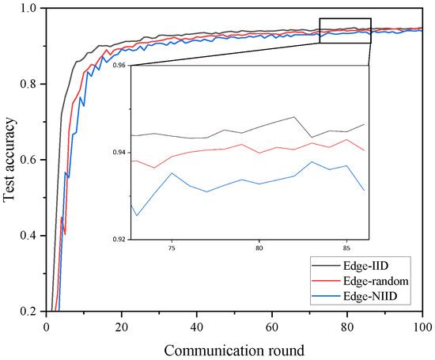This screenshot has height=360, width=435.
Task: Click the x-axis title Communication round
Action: [x=235, y=349]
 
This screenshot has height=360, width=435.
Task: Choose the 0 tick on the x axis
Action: [x=47, y=325]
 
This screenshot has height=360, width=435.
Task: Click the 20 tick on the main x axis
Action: [x=122, y=325]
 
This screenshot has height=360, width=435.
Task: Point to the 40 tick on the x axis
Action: [x=197, y=325]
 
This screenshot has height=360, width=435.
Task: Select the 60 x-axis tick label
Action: [x=272, y=325]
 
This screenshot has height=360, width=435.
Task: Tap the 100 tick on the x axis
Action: [x=422, y=325]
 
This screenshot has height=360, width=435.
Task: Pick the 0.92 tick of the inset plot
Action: [x=119, y=238]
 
